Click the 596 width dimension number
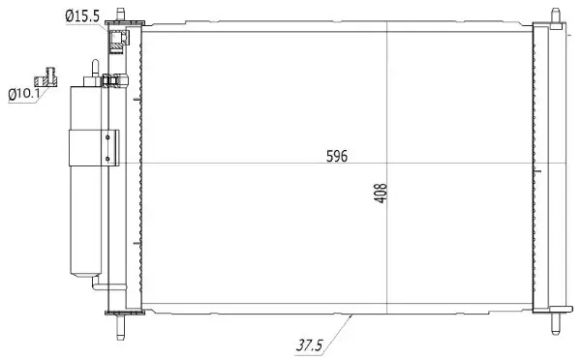335,156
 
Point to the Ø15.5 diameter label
84,15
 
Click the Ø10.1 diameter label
23,94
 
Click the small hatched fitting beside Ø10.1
46,75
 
